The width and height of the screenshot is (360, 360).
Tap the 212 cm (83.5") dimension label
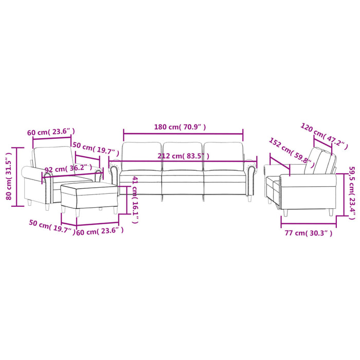[x=184, y=156]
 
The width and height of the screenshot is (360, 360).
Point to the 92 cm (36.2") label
[x=68, y=168]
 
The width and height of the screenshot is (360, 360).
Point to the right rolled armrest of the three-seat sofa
[x=250, y=175]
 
